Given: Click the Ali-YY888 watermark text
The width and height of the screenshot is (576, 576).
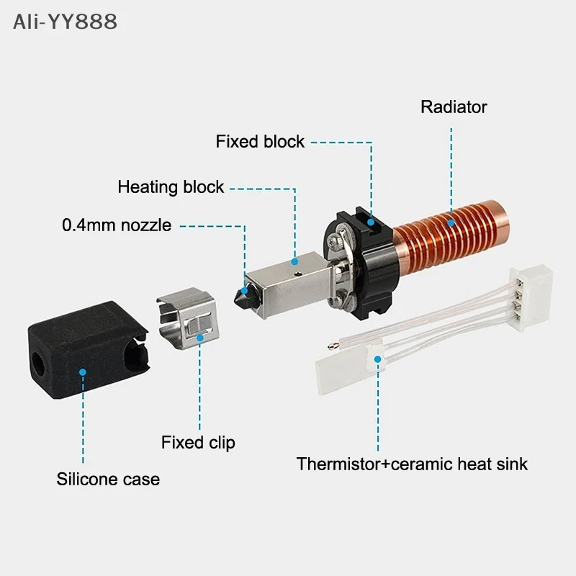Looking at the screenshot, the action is (65, 22).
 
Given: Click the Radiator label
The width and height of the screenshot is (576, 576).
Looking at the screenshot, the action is (454, 107).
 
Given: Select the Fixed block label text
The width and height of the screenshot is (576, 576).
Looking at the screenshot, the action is (260, 141).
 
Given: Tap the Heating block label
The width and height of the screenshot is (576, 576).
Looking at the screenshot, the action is (171, 187).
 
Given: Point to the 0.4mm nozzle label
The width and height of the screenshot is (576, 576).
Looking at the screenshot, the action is (117, 225).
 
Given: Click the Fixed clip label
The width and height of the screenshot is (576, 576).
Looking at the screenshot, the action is (198, 443).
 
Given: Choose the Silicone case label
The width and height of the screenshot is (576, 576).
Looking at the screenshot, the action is (108, 479).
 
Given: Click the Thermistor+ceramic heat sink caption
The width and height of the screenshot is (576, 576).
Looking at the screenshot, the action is (412, 464).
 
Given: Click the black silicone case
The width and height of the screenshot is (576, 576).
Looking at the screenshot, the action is (88, 349).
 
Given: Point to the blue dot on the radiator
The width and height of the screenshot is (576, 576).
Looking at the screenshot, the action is (451, 222).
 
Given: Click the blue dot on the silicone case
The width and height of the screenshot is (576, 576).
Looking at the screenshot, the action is (83, 372).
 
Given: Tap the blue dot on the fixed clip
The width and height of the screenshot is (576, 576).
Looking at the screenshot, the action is (200, 338).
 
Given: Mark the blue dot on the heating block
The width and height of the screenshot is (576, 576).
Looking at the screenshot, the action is (294, 262).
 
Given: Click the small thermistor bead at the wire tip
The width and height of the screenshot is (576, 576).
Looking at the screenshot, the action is (333, 346).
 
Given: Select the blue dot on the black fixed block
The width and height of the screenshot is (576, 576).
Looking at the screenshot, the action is (371, 222).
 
